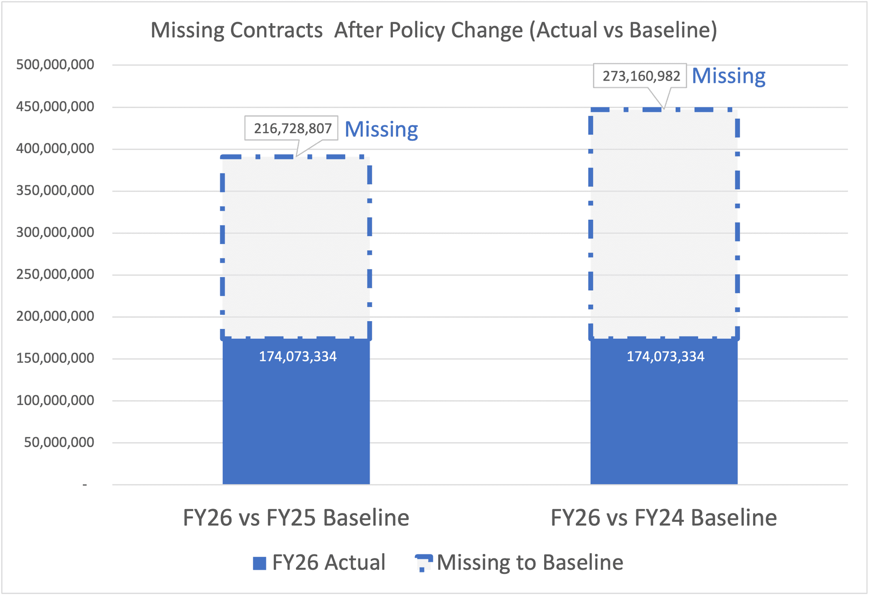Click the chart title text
point(434,30)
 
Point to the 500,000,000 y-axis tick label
point(55,65)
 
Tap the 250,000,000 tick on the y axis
point(55,274)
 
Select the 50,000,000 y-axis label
point(59,443)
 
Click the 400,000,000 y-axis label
point(55,149)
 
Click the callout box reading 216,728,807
point(292,129)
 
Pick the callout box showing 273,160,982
point(641,76)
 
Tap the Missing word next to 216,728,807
point(381,130)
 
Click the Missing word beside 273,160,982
point(728,76)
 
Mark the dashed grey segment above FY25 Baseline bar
point(296,247)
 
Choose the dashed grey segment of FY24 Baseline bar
point(664,224)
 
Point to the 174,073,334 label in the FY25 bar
point(298,357)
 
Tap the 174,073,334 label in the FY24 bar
point(665,357)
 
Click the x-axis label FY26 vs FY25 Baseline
point(296,518)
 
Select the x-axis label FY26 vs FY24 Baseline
point(663,518)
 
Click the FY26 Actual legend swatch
point(259,563)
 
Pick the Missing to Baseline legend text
point(530,563)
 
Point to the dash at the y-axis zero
point(85,485)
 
